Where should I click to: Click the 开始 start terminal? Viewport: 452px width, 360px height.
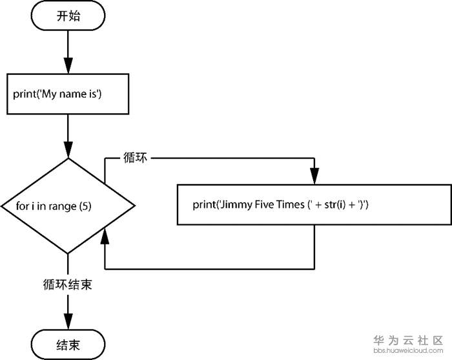[x=68, y=16]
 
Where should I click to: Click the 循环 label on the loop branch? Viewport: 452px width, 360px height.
[x=135, y=158]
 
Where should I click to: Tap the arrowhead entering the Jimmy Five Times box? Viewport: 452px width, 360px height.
[x=314, y=176]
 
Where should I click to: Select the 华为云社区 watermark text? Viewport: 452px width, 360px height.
[x=409, y=340]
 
